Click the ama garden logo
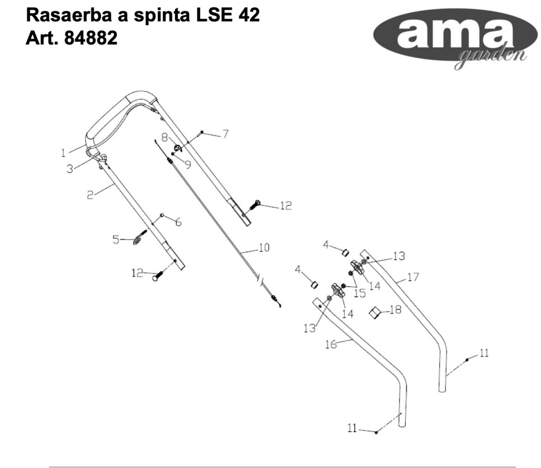[454, 37]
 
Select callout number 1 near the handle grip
[63, 153]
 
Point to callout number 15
[360, 293]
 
